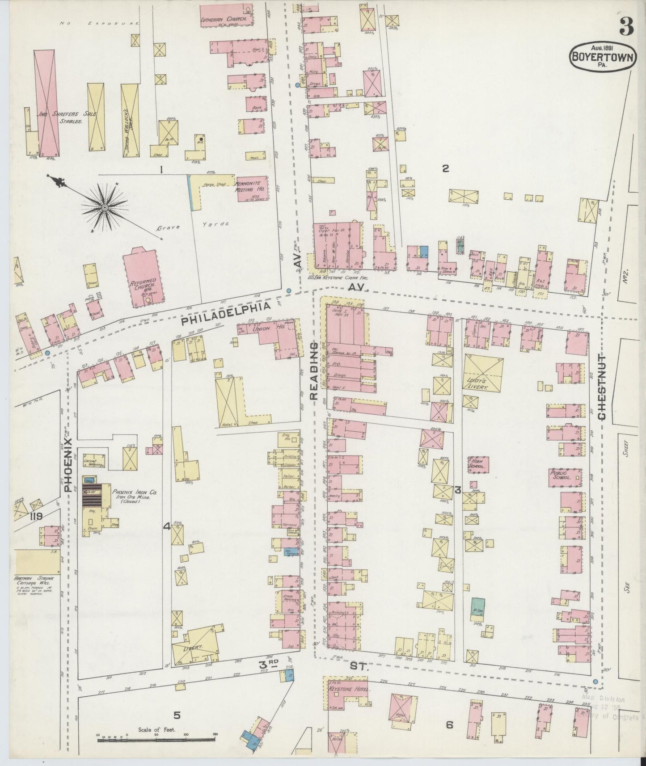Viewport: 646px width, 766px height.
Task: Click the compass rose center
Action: tap(104, 207)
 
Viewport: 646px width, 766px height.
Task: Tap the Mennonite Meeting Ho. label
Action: tap(251, 187)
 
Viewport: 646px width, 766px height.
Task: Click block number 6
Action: tap(449, 724)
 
